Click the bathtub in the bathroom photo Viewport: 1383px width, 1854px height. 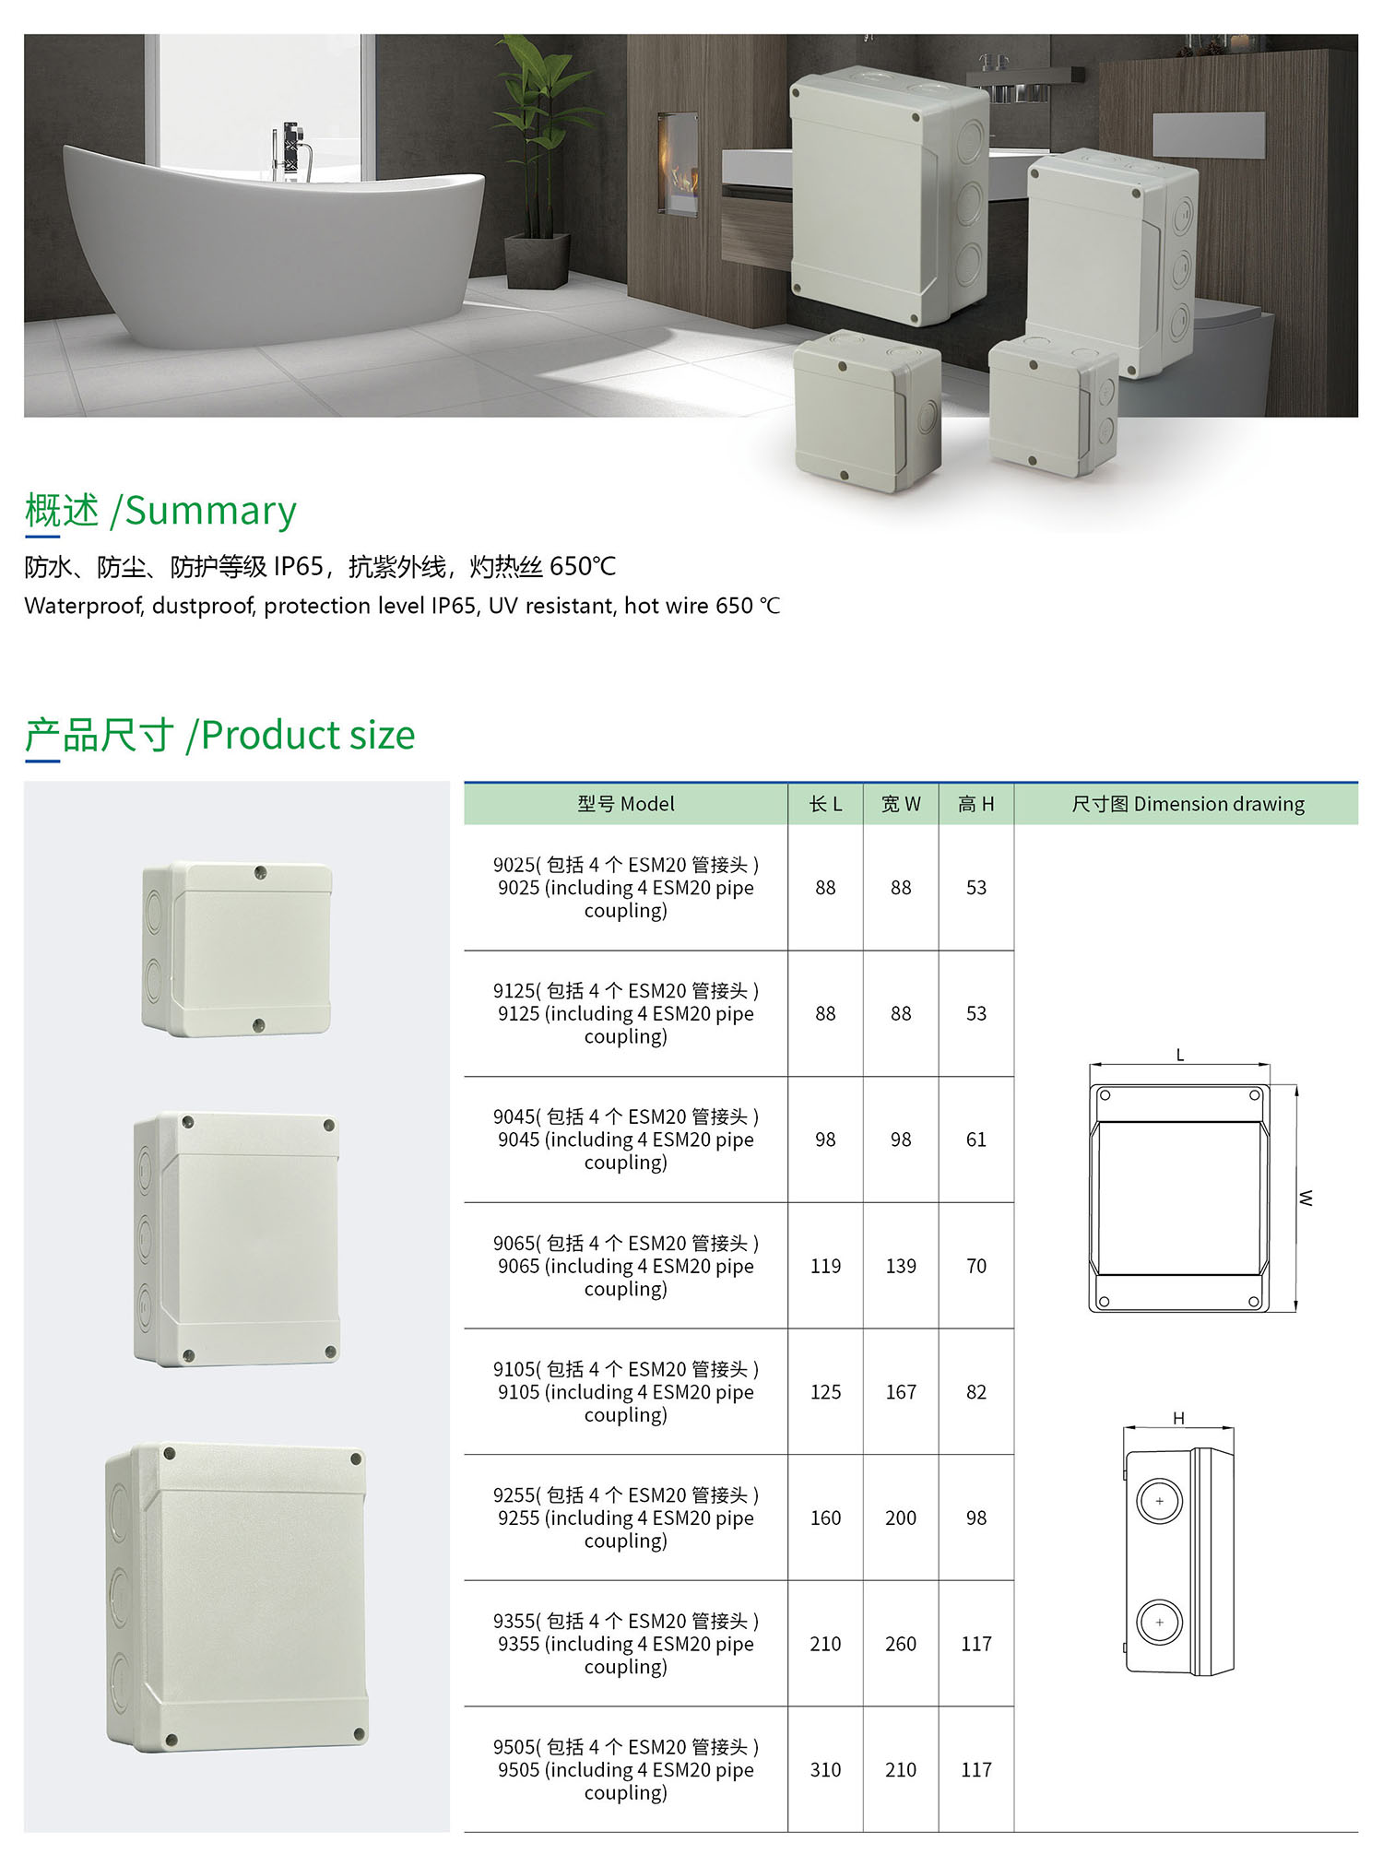[277, 249]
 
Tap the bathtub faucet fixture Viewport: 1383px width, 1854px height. [292, 152]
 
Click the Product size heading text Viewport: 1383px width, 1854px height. [308, 735]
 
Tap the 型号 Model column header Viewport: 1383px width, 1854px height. [626, 804]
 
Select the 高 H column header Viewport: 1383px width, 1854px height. [976, 804]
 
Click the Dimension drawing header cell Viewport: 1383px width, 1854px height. [1188, 804]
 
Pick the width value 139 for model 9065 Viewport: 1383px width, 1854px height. [901, 1267]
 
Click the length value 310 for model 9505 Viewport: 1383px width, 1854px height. [825, 1770]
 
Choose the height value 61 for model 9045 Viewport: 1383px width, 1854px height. [976, 1140]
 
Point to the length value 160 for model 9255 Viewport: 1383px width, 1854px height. [825, 1518]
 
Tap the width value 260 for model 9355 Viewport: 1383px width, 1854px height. [901, 1644]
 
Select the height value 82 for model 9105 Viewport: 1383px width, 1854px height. [976, 1392]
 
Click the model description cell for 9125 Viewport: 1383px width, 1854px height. [626, 1014]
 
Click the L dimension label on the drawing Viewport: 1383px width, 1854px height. [1180, 1056]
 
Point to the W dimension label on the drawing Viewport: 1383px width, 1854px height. [1306, 1199]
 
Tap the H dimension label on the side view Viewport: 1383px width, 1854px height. [1178, 1419]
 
